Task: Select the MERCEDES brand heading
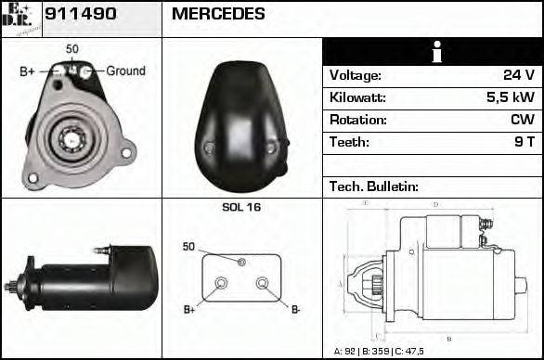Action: coord(218,15)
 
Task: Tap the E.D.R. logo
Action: coord(20,18)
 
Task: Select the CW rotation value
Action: coord(522,121)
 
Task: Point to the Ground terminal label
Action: coord(125,71)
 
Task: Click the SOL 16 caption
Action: coord(241,208)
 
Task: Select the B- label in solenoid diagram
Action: coord(296,310)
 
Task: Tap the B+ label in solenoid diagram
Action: coord(189,310)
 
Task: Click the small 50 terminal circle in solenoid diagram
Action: coord(241,263)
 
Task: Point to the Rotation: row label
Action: coord(357,121)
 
